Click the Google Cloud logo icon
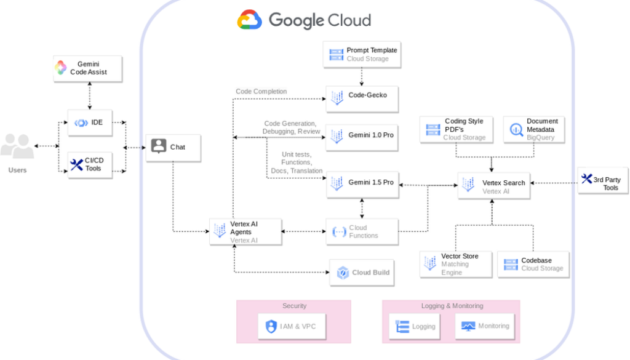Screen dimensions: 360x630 pos(250,20)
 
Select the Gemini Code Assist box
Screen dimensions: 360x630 pos(87,68)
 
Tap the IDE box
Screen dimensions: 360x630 pos(90,122)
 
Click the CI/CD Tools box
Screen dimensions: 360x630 pos(90,164)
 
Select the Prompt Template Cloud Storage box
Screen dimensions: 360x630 pos(362,54)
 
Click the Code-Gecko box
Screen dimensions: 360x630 pos(362,97)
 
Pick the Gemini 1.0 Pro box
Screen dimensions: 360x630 pos(362,135)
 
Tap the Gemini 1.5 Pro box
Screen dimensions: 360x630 pos(362,183)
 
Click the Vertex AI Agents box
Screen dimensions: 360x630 pos(245,232)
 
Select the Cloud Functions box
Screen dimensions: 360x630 pos(362,232)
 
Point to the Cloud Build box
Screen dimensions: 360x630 pos(362,273)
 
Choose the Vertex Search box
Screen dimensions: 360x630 pos(493,185)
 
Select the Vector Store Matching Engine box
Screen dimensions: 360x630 pos(456,264)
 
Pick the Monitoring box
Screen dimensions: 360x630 pos(485,326)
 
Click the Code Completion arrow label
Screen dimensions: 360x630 pos(261,92)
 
